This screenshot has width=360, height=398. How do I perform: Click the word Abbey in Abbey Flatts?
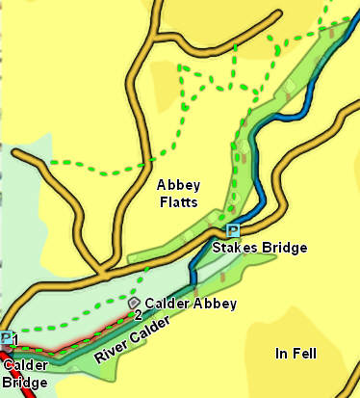[x=176, y=184]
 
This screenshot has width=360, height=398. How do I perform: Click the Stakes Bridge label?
[x=259, y=249]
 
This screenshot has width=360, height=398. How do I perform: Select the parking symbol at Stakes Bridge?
[x=233, y=230]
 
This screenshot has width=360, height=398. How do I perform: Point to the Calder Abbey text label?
[x=191, y=304]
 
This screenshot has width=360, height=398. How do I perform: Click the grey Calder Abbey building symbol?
[x=133, y=303]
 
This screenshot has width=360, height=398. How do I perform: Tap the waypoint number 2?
[x=139, y=315]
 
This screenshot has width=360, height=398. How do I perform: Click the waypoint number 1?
[x=15, y=341]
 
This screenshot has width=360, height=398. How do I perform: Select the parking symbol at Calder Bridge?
[x=6, y=338]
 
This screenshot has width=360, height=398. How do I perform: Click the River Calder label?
[x=134, y=340]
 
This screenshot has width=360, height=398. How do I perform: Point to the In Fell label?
[x=295, y=354]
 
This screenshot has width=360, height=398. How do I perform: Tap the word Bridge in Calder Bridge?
[x=23, y=383]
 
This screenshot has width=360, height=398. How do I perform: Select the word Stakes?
[x=234, y=249]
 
